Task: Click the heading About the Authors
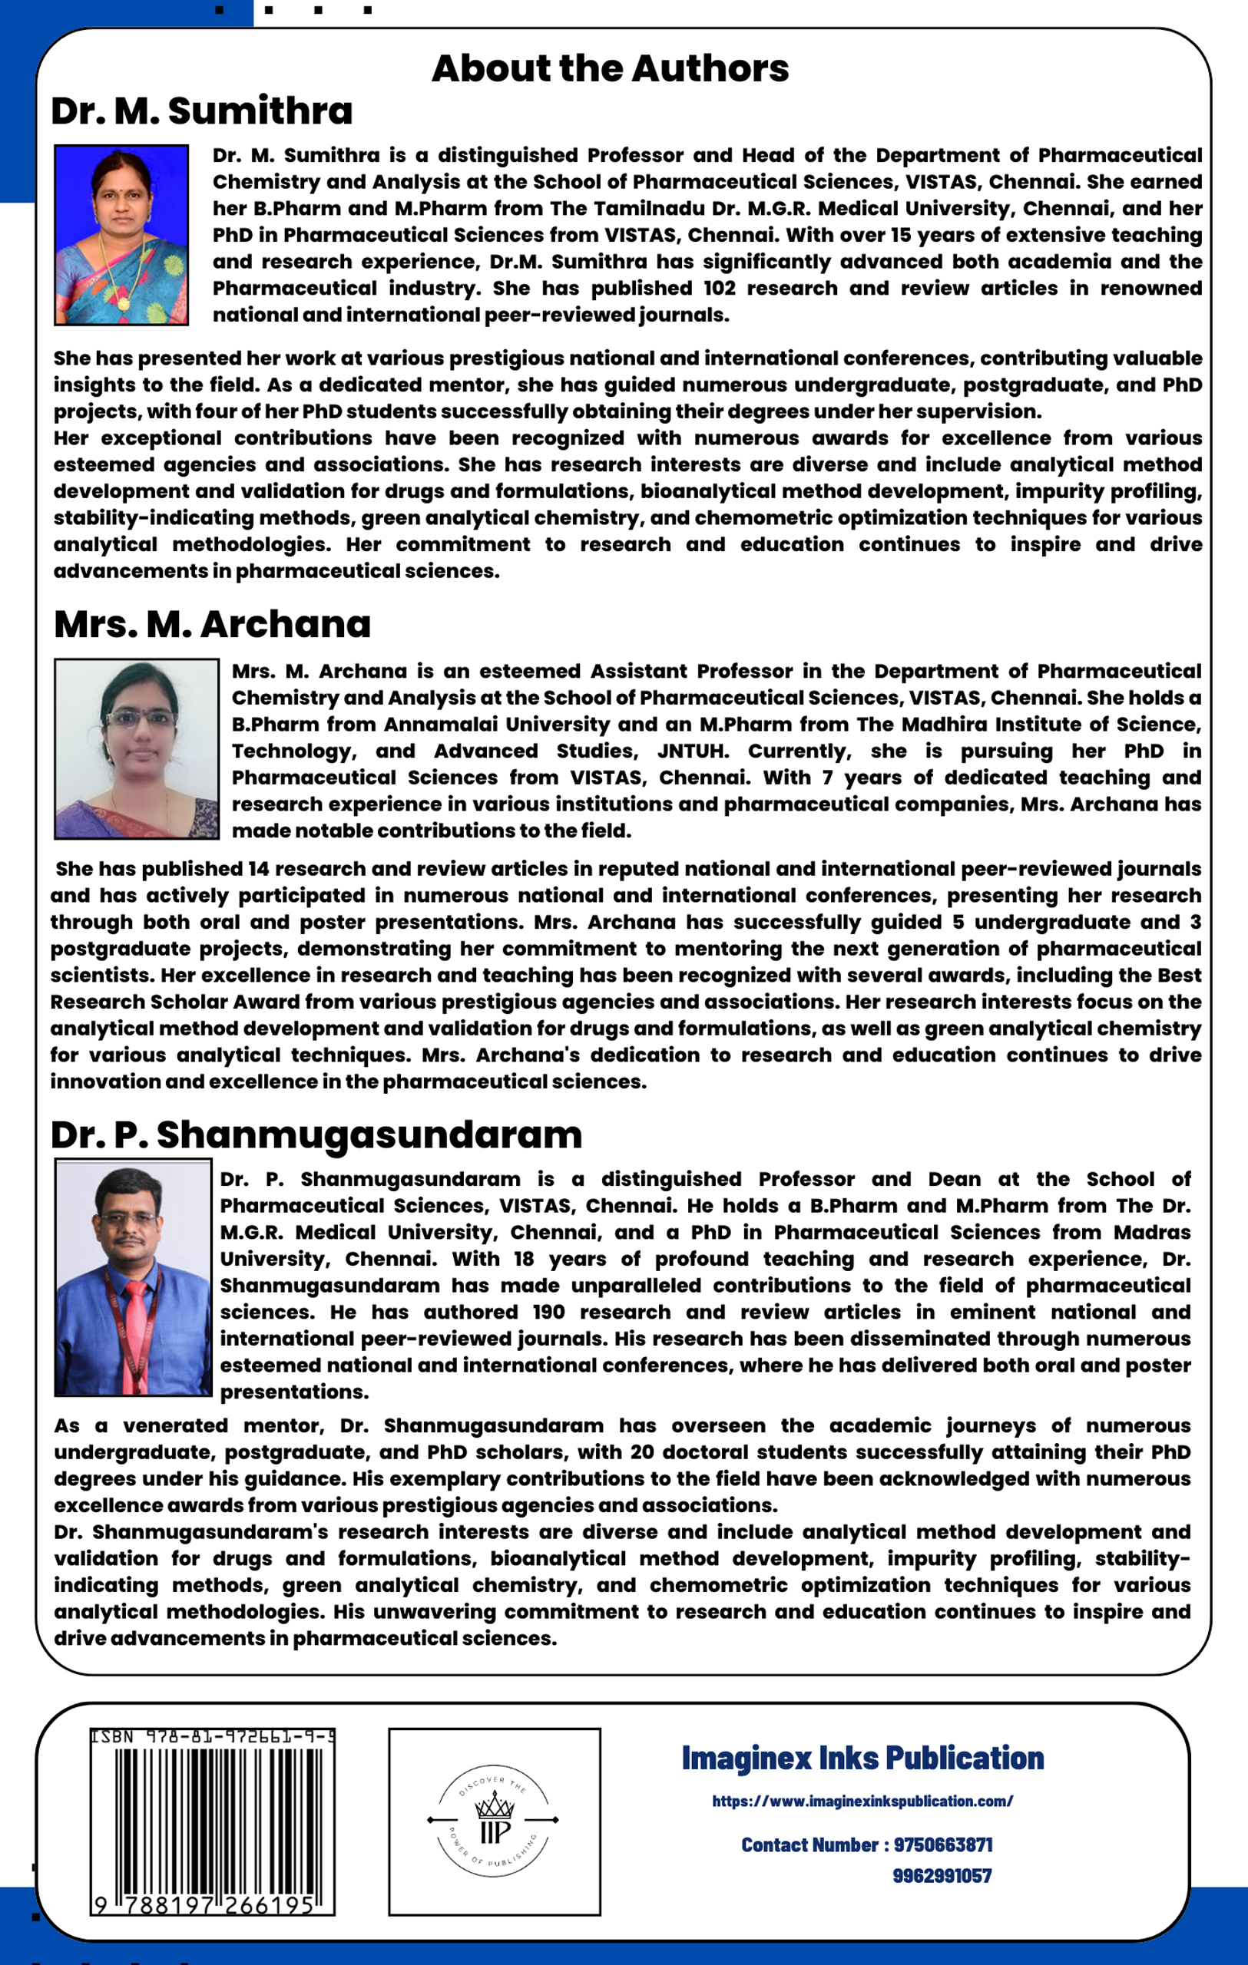click(x=610, y=68)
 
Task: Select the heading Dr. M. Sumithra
click(x=202, y=111)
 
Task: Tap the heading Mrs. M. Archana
click(x=212, y=624)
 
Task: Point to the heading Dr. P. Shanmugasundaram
click(x=316, y=1135)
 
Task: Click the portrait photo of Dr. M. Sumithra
click(x=121, y=235)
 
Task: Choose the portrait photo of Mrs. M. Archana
click(x=136, y=748)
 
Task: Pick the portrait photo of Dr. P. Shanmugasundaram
click(x=133, y=1277)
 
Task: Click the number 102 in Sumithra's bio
click(x=719, y=289)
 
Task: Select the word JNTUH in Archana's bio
click(x=693, y=751)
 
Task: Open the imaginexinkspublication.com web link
click(x=862, y=1801)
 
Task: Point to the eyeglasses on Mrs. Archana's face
click(x=140, y=719)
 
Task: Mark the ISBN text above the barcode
click(x=212, y=1737)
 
